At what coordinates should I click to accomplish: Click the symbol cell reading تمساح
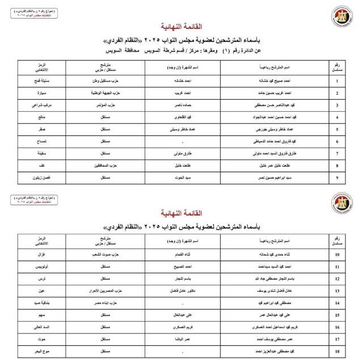tap(42, 141)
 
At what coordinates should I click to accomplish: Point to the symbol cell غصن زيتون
tap(42, 178)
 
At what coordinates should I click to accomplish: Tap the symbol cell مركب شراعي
tap(42, 105)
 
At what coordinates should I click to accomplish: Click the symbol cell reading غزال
tap(42, 254)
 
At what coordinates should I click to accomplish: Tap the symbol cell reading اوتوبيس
tap(42, 266)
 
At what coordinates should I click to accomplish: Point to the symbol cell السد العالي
tap(42, 327)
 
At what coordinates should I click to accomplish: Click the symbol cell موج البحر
tap(42, 351)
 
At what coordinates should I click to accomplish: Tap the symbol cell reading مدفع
tap(42, 117)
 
